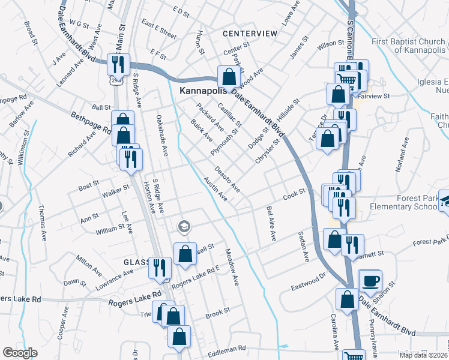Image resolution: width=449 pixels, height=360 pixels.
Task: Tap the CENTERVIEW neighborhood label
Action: [250, 33]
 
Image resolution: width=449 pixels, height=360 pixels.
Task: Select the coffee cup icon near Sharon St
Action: [370, 280]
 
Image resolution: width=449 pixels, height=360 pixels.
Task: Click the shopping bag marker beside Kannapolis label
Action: [229, 77]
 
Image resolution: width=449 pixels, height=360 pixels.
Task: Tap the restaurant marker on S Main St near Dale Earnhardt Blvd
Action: [118, 64]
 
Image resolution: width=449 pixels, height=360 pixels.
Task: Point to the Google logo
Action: [20, 352]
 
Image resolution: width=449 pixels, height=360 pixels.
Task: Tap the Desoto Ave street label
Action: [228, 179]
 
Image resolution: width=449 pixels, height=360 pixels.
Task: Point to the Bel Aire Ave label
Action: [271, 224]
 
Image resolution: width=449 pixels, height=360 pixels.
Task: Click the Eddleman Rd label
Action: [227, 348]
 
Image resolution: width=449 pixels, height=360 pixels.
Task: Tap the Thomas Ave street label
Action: [43, 223]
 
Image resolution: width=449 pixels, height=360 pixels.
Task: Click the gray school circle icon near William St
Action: [184, 226]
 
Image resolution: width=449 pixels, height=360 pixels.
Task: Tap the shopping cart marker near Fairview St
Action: [346, 79]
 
